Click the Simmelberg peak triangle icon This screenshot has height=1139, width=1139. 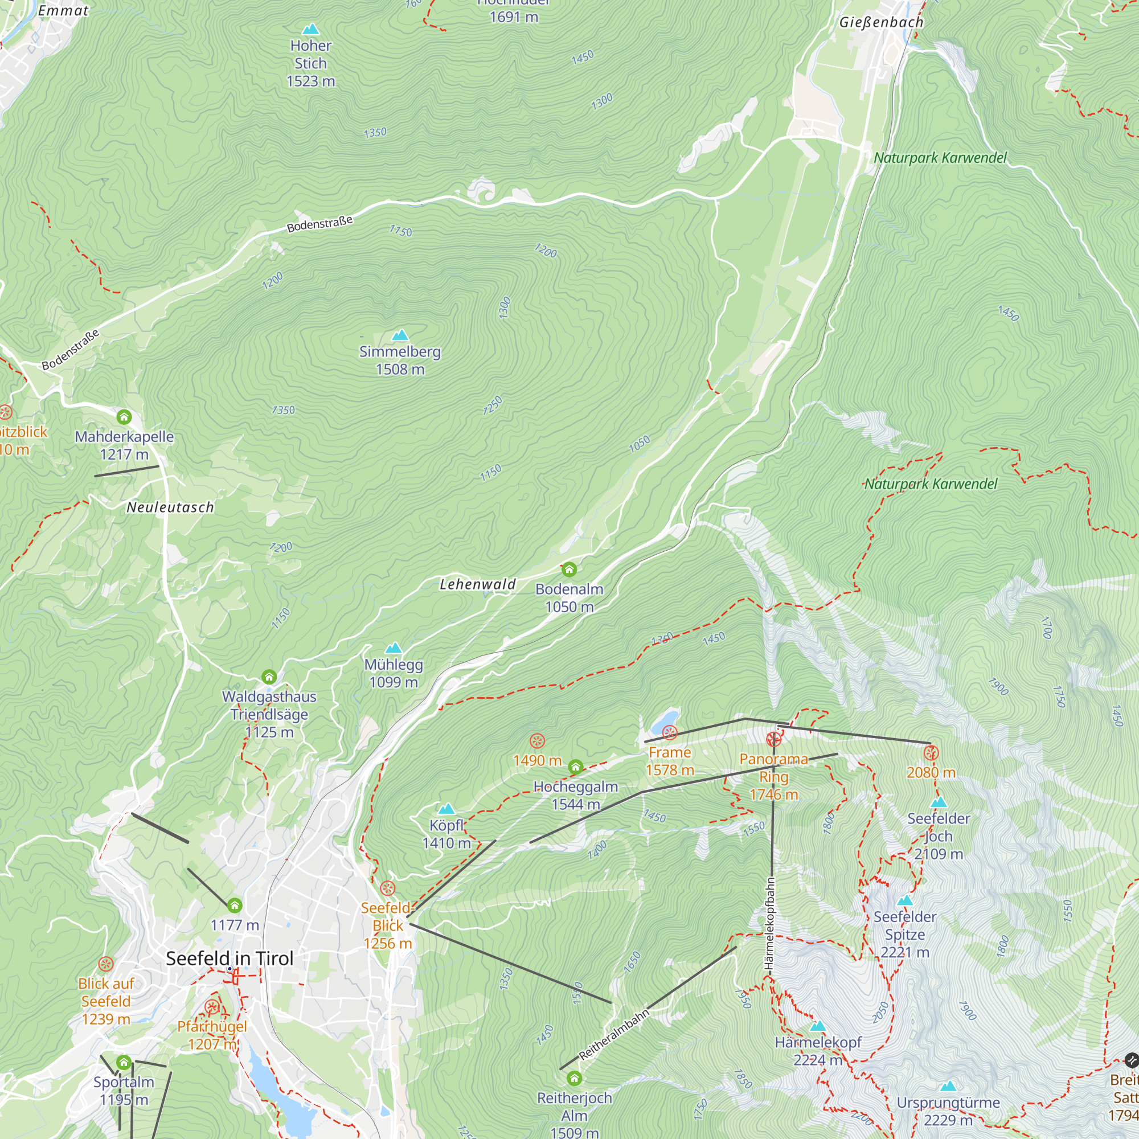[400, 335]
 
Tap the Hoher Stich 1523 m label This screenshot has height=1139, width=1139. [311, 63]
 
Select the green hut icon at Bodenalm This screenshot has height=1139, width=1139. [569, 569]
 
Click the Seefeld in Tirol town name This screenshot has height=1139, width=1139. [230, 958]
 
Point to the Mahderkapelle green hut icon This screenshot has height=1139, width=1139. [124, 417]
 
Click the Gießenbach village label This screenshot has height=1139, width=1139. [882, 22]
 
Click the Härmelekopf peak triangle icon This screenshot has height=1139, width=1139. [818, 1026]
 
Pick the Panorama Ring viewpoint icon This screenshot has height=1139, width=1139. [773, 739]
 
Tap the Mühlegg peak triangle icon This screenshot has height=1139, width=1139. [393, 648]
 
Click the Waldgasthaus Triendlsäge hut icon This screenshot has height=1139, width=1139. [269, 676]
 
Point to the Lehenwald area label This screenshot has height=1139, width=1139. [478, 584]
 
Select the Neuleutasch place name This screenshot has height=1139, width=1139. [170, 507]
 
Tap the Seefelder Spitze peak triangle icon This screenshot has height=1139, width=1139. [905, 901]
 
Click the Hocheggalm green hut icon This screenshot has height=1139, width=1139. [575, 767]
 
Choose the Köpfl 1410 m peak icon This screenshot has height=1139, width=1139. [446, 809]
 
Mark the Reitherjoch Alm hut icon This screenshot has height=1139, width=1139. [574, 1079]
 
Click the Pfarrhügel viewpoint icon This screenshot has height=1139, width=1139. [212, 1007]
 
